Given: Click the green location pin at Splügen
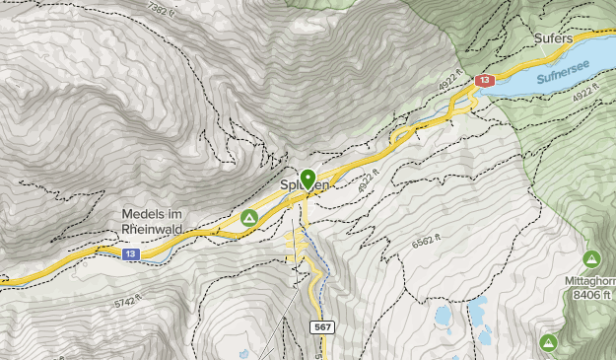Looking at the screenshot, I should (x=308, y=179).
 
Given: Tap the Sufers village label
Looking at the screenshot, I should (x=554, y=37).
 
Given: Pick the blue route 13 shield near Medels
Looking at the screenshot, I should (x=131, y=253).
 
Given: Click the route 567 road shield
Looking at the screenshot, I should (x=321, y=326).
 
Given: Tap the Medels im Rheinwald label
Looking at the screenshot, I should (x=160, y=220).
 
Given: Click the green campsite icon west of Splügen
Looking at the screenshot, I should (x=249, y=217).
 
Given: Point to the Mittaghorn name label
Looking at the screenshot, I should (x=588, y=279).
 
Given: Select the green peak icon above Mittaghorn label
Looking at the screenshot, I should (x=591, y=259).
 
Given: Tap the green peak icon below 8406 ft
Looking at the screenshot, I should (x=547, y=342).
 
